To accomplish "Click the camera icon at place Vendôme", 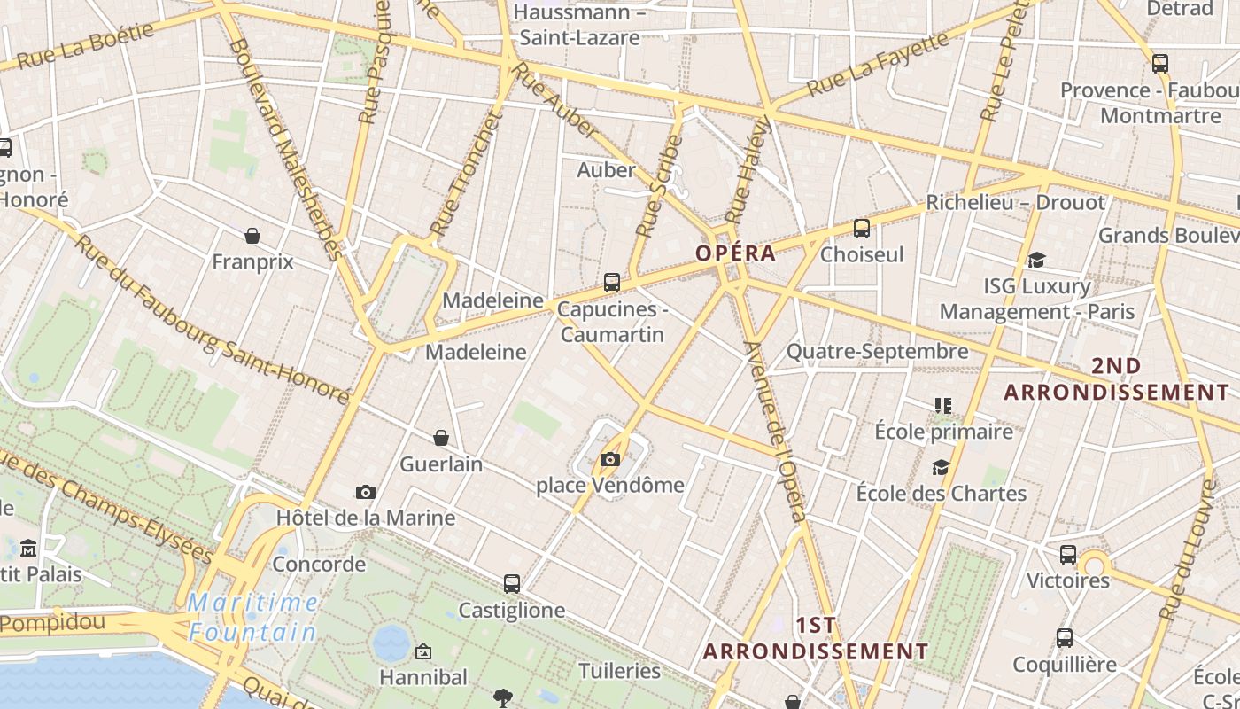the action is [610, 459].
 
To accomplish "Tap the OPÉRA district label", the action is [735, 253].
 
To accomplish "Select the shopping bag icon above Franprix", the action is [252, 236].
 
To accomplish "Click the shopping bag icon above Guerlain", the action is [441, 438].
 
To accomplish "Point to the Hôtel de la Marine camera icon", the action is [365, 492].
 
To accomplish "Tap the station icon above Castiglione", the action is [512, 584].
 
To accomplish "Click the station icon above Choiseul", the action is [862, 229].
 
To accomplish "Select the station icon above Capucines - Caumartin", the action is [612, 283].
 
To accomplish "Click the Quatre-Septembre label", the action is [878, 352].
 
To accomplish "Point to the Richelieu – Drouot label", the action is [1016, 203].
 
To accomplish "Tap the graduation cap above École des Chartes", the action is [941, 467].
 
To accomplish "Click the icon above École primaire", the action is [943, 406].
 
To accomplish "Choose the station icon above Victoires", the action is [1068, 555].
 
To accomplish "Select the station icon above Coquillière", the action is [1065, 638].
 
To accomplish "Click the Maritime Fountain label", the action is [252, 618].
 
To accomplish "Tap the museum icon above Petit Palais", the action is [28, 548].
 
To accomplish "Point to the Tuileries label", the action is [620, 671].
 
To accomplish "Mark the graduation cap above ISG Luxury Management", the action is [1036, 260].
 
